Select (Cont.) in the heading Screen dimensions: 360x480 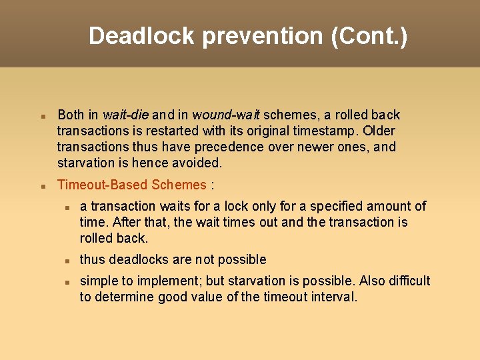[x=369, y=36]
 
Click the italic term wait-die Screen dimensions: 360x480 [x=126, y=115]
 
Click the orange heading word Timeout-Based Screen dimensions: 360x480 [x=103, y=185]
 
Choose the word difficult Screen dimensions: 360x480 [x=402, y=281]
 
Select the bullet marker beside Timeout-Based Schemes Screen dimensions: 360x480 [x=43, y=185]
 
